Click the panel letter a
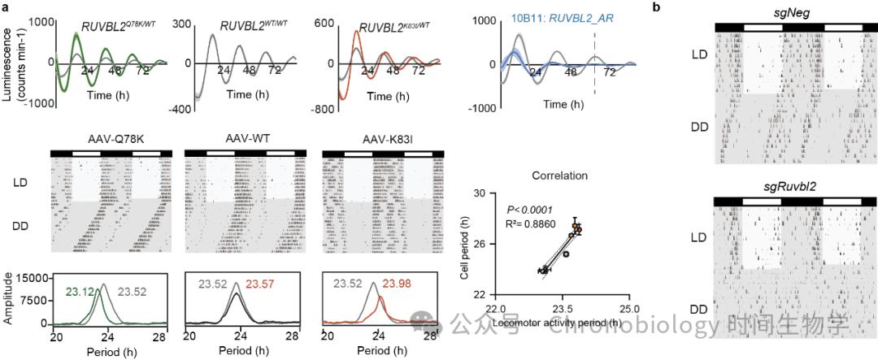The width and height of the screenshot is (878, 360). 6,7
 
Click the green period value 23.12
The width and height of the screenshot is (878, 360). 80,284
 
